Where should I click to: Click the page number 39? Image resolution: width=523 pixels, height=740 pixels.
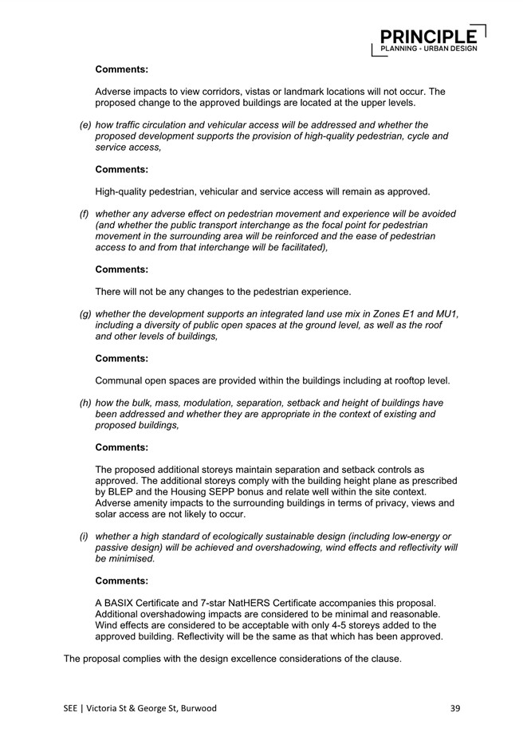[456, 707]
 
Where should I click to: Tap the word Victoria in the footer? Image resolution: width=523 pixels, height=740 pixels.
[104, 707]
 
